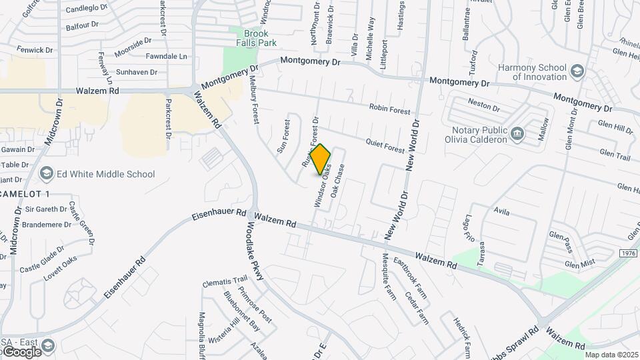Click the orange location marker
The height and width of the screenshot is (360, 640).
pos(321,159)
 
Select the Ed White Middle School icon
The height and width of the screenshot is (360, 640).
pos(46,174)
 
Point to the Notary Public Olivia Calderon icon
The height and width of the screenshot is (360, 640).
pos(517,135)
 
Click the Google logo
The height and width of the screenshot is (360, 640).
pos(21,351)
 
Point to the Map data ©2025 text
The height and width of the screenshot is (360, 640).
pos(611,355)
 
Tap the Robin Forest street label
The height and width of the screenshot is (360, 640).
pos(390,109)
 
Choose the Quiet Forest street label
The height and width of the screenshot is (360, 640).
pos(385,144)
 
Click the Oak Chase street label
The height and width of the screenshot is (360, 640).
pos(337,180)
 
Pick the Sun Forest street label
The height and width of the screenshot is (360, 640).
pos(283,135)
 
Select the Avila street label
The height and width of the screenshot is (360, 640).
pos(501,213)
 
